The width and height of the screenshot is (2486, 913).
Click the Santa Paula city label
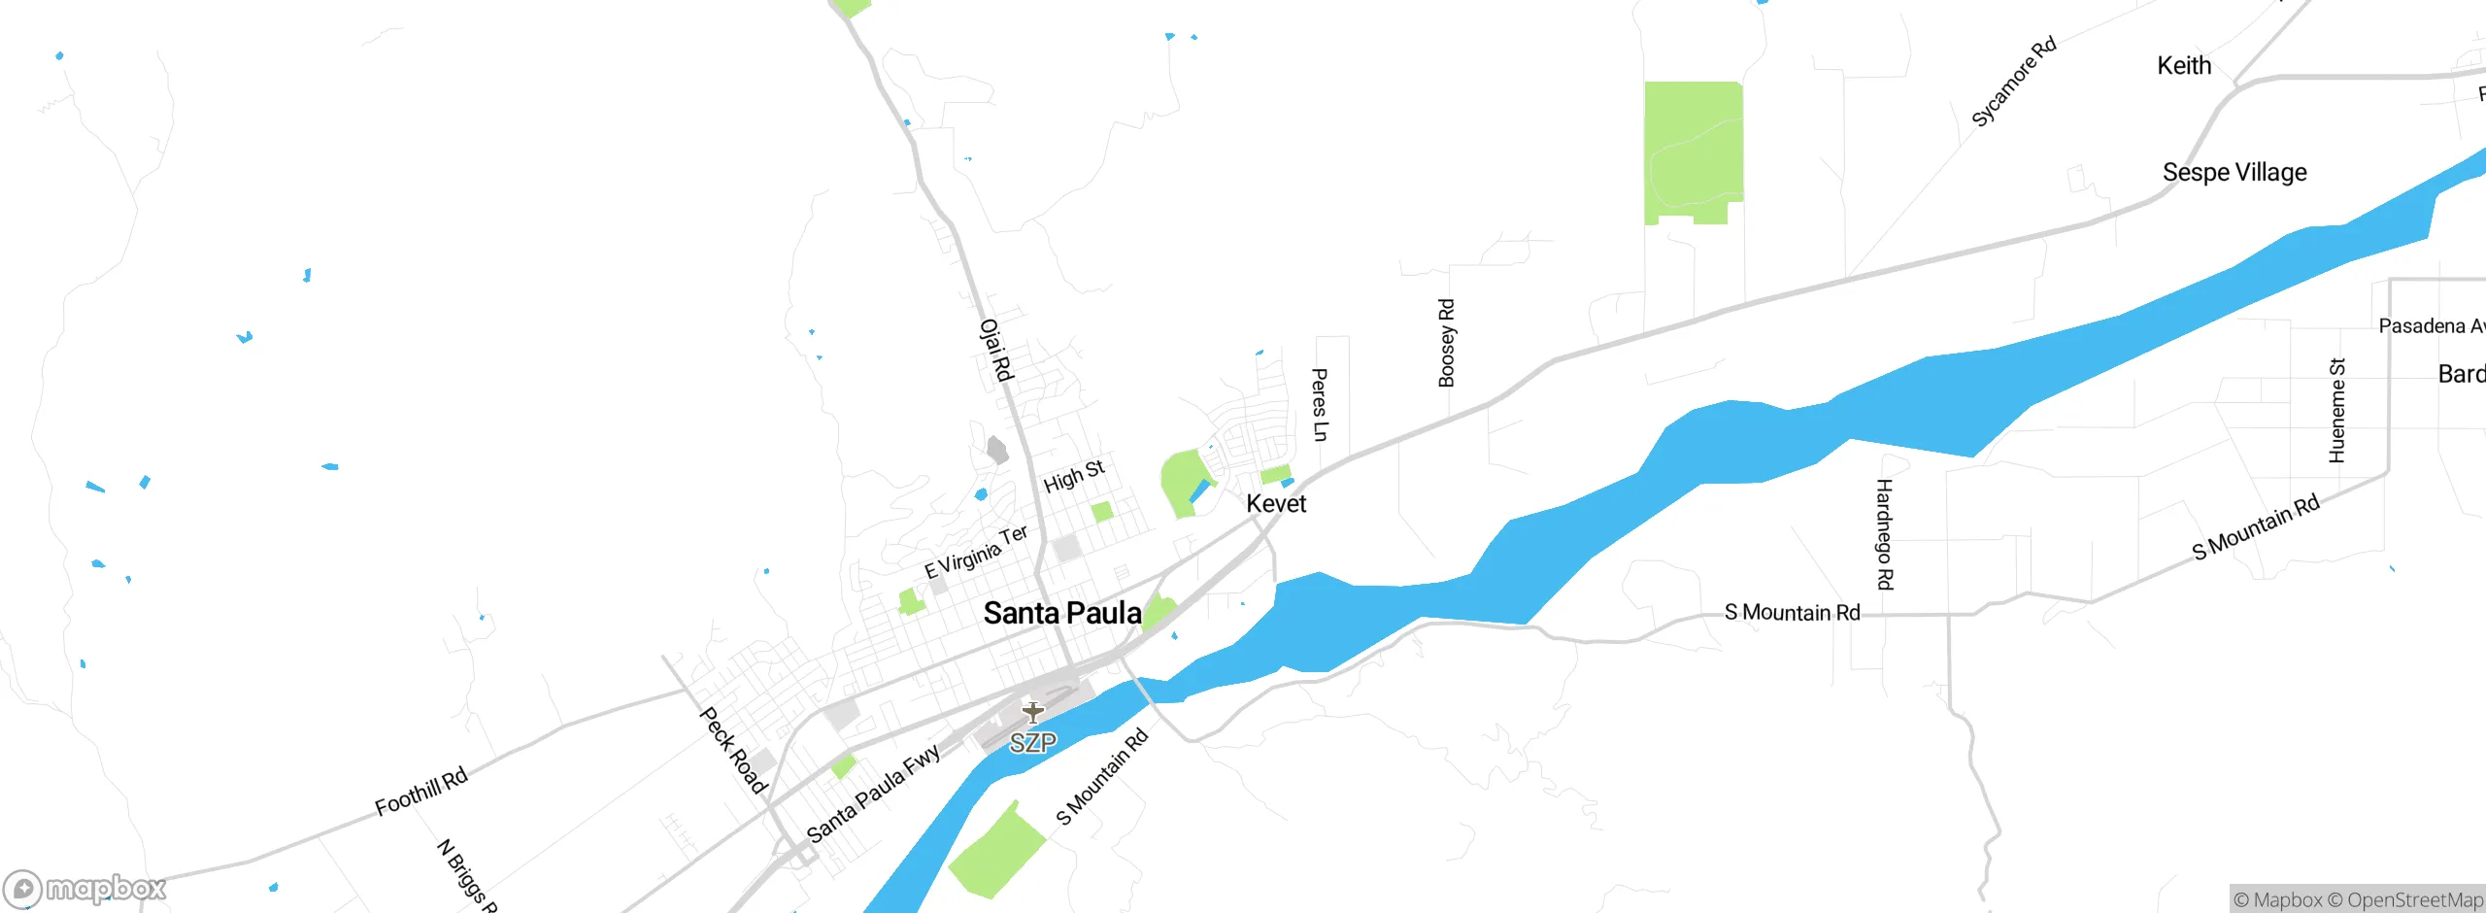[x=1062, y=613]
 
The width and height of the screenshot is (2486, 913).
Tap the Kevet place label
[x=1276, y=503]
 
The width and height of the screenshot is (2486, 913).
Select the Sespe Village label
[x=2234, y=172]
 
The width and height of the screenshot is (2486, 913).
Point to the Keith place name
[x=2184, y=65]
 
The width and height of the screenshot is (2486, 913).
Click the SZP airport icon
[x=1032, y=713]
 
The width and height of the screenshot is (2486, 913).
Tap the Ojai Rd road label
[x=996, y=350]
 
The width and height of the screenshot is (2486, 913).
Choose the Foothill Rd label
[x=421, y=791]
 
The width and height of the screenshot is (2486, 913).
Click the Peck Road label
[x=733, y=750]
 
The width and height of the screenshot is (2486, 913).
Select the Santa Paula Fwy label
[x=873, y=793]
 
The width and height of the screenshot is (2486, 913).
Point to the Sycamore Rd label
[x=2013, y=82]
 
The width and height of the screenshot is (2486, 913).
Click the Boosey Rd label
[x=1446, y=343]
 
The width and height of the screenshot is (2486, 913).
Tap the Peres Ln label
[x=1319, y=404]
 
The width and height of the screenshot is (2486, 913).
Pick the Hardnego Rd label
[x=1884, y=534]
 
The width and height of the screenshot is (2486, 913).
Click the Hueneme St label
[x=2336, y=410]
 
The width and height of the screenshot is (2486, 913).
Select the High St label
[x=1073, y=476]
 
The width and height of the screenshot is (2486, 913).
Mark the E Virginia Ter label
[x=975, y=552]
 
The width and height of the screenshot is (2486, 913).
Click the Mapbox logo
[x=85, y=888]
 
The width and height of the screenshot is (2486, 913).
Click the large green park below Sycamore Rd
[x=1693, y=151]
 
